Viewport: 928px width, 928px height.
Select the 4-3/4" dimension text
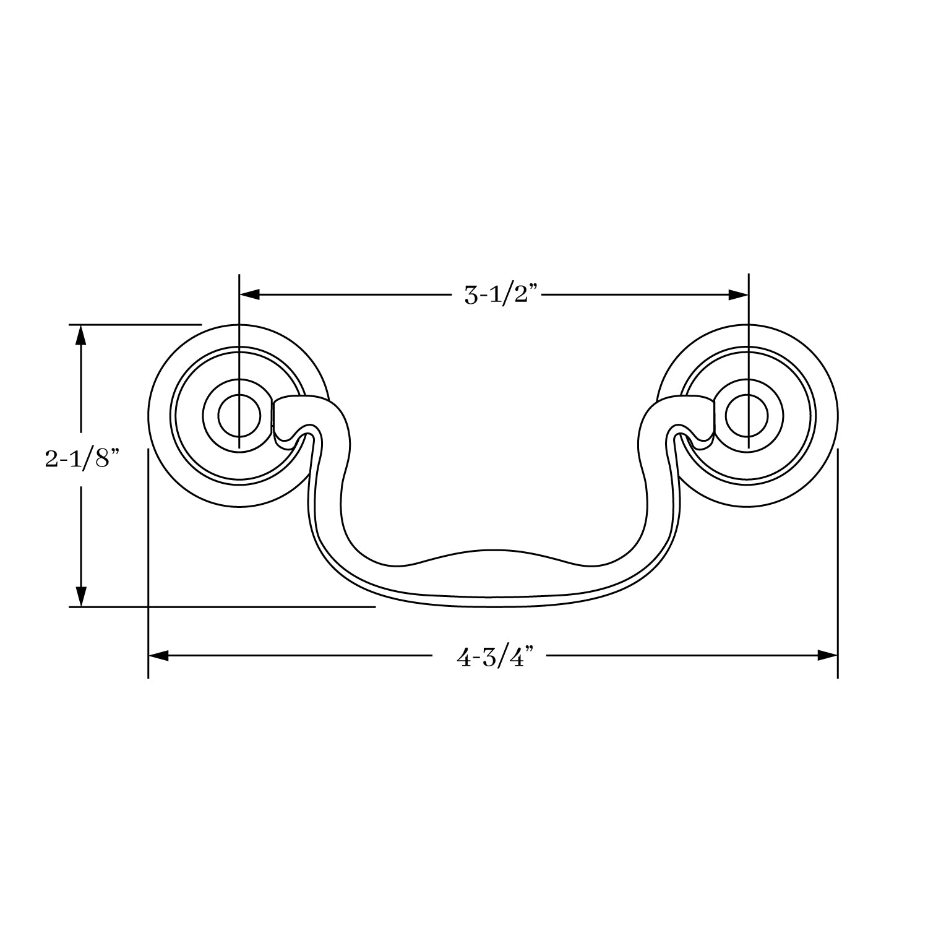click(494, 656)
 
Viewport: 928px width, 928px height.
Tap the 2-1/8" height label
click(81, 460)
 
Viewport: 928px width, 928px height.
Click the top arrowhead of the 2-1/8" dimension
click(80, 334)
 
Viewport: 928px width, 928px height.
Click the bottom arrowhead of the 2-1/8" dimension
click(80, 597)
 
